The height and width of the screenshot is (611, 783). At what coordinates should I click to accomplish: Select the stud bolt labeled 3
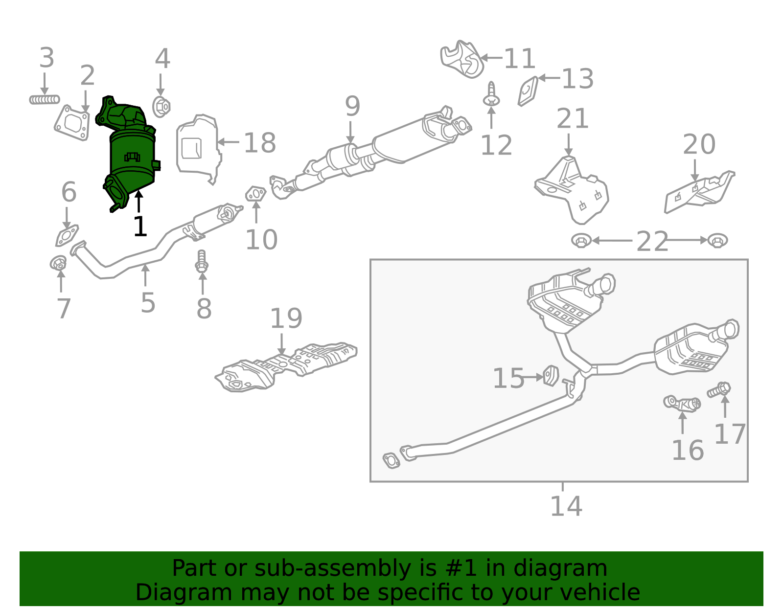(44, 100)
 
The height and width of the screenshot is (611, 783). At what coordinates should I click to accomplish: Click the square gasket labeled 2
(72, 122)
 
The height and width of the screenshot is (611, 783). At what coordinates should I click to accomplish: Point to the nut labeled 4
(161, 107)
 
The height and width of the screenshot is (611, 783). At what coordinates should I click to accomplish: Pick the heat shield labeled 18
(198, 149)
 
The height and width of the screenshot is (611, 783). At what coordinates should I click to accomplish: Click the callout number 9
(352, 106)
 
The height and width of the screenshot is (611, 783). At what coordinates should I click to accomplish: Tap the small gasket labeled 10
(255, 194)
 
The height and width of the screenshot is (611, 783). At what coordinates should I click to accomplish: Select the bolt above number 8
(202, 262)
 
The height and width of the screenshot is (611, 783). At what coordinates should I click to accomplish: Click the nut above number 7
(58, 263)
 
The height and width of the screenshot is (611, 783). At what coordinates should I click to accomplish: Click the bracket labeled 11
(462, 60)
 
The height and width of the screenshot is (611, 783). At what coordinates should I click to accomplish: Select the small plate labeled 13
(528, 91)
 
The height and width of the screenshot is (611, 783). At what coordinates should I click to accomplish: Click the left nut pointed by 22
(581, 241)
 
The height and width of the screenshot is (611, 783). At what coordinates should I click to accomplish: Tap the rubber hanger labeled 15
(551, 375)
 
